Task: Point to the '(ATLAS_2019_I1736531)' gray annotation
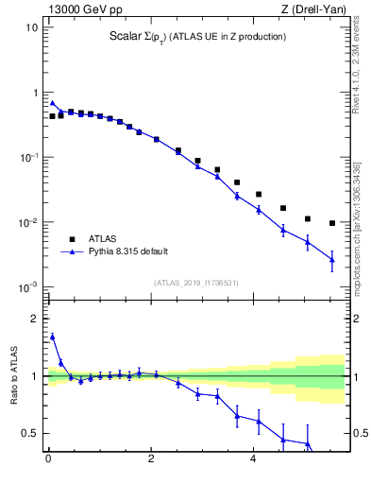(196, 282)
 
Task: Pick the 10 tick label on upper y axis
(31, 27)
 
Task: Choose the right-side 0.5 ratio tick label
(359, 434)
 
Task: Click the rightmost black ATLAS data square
(332, 223)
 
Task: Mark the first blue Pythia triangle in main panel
(53, 103)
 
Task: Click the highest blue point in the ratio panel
(53, 336)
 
